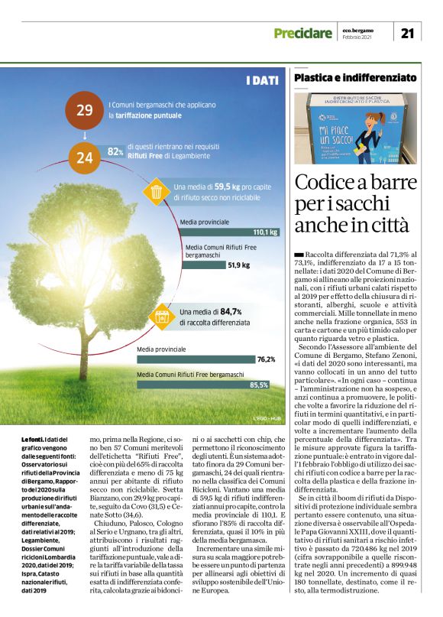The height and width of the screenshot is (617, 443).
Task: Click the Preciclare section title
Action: click(x=303, y=33)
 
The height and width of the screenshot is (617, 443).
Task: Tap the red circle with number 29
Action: click(x=85, y=109)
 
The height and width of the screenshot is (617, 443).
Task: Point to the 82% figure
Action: click(x=115, y=152)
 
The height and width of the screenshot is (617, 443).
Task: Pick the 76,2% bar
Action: click(x=207, y=359)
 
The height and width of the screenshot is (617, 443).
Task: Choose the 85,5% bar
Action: click(x=207, y=385)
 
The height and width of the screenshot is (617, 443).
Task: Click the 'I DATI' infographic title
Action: click(x=261, y=80)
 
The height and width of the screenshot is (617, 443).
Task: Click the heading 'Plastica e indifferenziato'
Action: click(x=354, y=78)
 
